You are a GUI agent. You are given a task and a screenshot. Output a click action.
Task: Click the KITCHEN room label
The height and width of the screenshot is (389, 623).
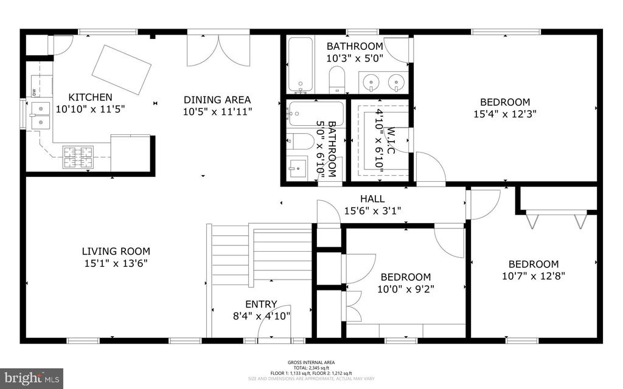click(x=90, y=97)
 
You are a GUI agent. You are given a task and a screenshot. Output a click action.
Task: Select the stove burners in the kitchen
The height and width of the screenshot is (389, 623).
click(x=78, y=157)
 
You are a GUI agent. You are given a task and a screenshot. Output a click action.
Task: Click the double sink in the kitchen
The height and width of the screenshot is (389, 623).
click(x=41, y=115)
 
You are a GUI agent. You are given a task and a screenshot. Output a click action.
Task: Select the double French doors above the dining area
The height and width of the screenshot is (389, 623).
click(x=218, y=50)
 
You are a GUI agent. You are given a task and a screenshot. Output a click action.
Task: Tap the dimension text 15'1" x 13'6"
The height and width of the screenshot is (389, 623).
click(x=116, y=263)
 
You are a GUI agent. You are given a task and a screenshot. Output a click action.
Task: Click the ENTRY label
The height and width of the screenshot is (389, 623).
click(x=261, y=305)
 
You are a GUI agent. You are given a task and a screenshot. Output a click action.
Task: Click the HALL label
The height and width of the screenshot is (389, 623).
click(x=372, y=199)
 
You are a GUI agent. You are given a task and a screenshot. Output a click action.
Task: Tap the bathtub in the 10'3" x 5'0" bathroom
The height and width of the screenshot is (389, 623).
click(x=300, y=64)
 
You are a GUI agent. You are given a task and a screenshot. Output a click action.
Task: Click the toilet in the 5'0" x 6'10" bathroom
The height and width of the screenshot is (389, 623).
click(x=300, y=142)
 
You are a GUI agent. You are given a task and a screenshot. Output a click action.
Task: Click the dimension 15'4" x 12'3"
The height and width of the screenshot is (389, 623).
click(x=504, y=114)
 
